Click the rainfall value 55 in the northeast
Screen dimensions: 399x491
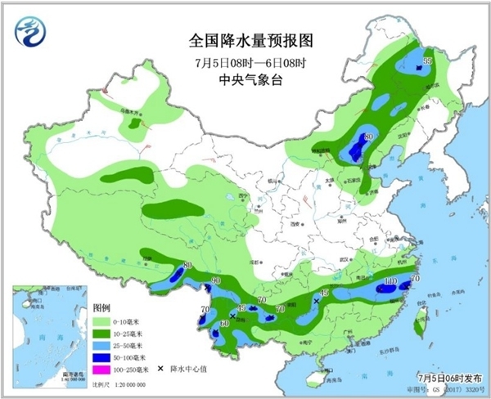tap(426, 61)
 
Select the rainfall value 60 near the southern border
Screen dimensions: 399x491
tap(223, 324)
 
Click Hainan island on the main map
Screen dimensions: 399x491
tap(314, 378)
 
